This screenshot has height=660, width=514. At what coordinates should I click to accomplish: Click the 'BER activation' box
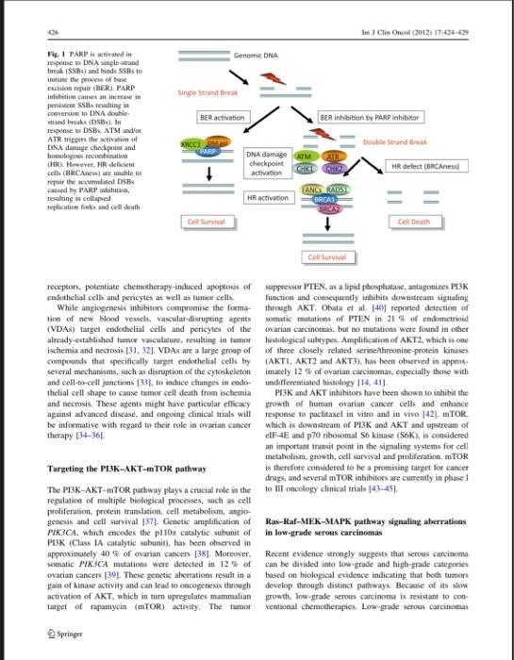[223, 118]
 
